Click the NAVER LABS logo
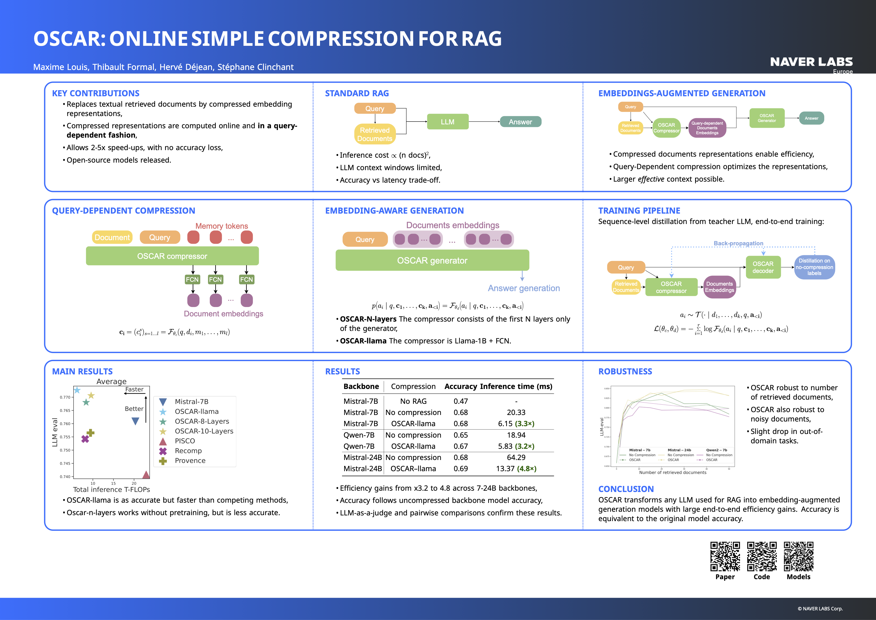[811, 62]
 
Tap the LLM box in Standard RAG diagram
[448, 122]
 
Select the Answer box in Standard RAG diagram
[520, 122]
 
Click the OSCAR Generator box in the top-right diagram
[767, 118]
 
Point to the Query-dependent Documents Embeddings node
[707, 128]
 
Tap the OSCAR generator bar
[432, 260]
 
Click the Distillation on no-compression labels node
[814, 267]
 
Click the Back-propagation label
[738, 243]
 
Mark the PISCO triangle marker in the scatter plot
[146, 475]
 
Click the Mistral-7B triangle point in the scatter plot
[135, 421]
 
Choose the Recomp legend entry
[188, 451]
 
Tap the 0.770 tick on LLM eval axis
[65, 397]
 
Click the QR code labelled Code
[762, 556]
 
